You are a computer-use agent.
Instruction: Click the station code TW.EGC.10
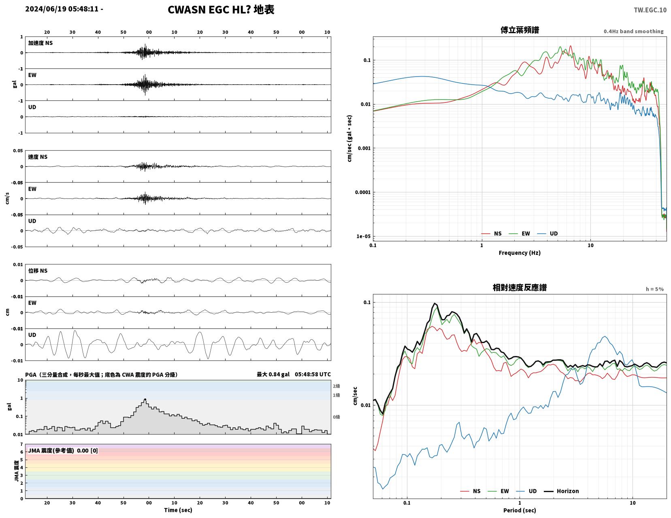pos(650,10)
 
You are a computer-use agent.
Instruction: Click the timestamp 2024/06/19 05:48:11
pos(62,9)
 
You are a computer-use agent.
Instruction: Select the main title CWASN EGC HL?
pos(209,10)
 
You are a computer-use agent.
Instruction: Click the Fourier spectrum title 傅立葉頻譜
pos(520,30)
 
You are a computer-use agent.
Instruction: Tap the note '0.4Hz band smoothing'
pos(633,31)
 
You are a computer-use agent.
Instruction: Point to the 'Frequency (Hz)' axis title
pos(520,253)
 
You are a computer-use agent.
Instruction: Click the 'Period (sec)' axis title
pos(520,510)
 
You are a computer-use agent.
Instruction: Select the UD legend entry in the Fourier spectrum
pos(547,234)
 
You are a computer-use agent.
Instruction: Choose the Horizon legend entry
pos(561,491)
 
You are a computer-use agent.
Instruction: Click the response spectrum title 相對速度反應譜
pos(520,288)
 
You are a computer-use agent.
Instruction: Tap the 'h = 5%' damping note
pos(654,289)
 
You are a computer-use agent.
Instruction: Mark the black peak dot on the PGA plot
pos(145,399)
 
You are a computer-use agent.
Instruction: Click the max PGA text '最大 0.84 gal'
pos(273,375)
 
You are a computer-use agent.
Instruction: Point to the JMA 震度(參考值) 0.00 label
pos(63,451)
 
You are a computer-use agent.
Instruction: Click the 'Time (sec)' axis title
pos(178,510)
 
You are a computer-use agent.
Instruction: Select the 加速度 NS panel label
pos(40,43)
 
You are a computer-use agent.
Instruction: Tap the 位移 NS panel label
pos(38,271)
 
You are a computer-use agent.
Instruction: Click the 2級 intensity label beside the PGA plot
pos(336,386)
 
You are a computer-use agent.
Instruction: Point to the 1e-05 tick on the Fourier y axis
pos(363,237)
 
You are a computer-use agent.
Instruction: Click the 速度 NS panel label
pos(38,157)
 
